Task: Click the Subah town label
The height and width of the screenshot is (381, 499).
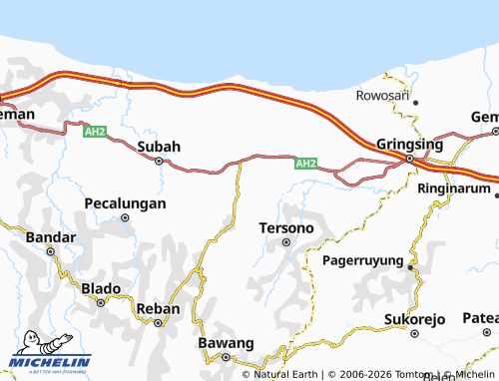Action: point(159,147)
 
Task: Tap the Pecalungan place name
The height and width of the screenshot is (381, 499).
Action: point(125,202)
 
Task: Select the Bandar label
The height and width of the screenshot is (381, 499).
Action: point(50,237)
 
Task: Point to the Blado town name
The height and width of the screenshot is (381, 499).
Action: point(101,288)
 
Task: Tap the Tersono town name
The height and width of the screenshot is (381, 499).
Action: point(286,227)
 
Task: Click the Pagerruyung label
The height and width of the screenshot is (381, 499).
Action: point(364,260)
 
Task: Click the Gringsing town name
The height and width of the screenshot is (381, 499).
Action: point(409,144)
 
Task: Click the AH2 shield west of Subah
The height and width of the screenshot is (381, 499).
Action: point(95,131)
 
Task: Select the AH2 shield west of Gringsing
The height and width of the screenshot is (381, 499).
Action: point(306,164)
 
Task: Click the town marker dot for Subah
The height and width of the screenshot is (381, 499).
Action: point(159,161)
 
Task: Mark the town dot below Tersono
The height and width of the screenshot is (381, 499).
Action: point(286,241)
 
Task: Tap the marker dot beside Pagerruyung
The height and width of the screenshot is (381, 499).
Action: point(411,266)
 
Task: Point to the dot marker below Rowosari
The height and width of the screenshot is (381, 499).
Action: point(416,103)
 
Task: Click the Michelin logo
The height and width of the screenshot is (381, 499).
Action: point(50,361)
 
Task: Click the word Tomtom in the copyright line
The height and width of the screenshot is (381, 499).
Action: point(394,374)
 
